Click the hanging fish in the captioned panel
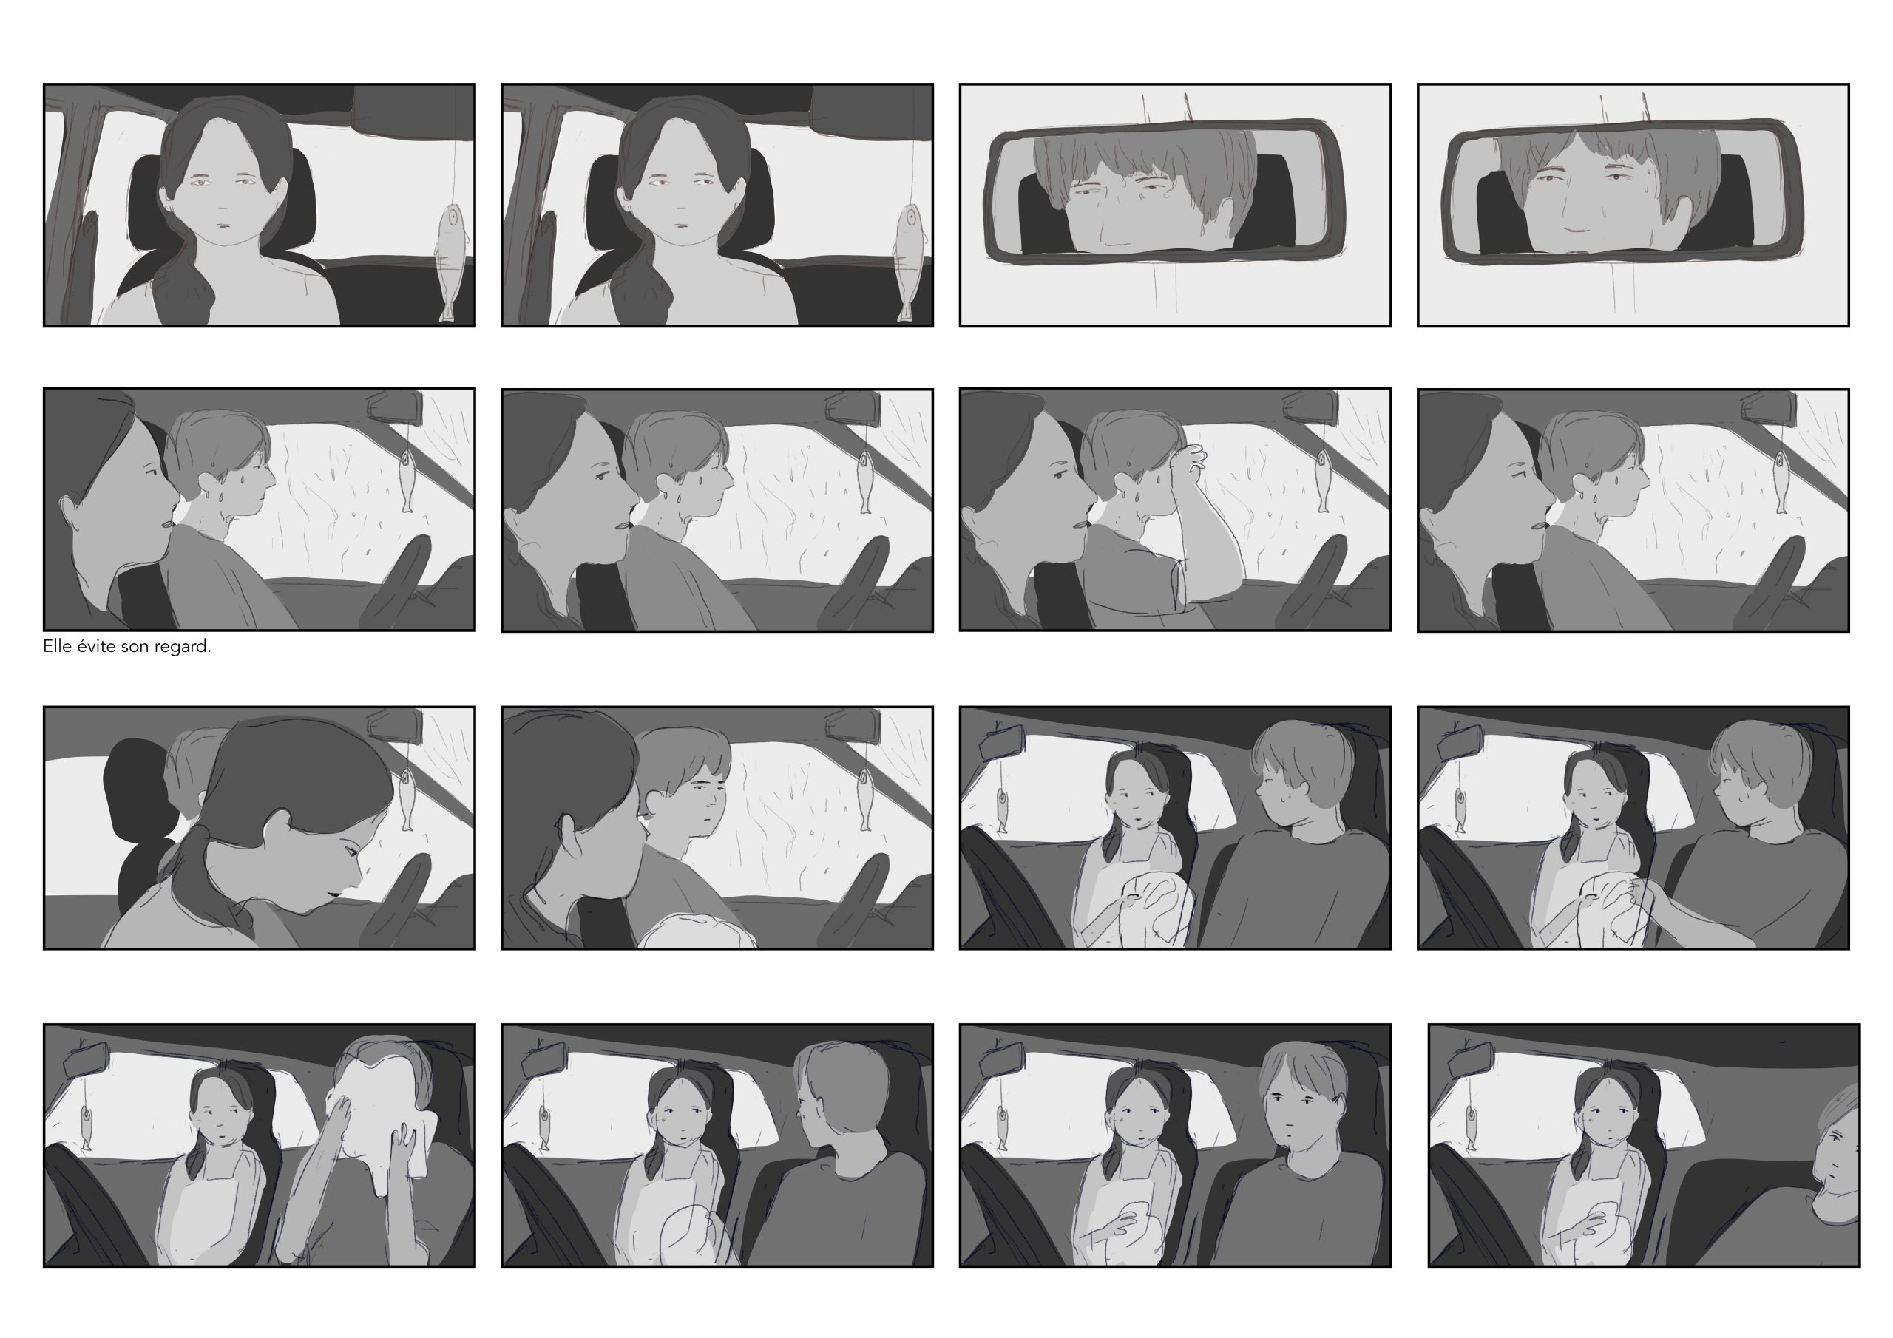[x=407, y=481]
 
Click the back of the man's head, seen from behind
[x=845, y=1092]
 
